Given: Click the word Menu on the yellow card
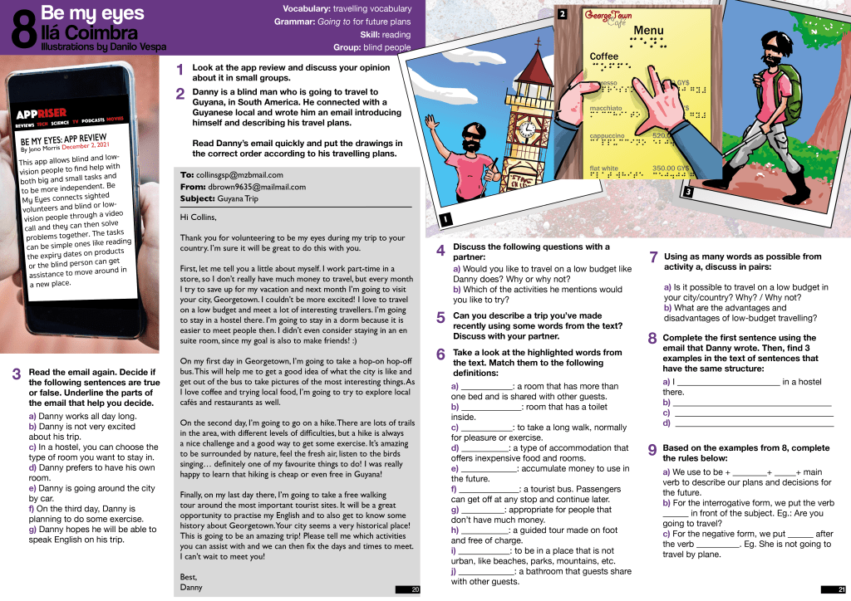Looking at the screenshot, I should [x=648, y=31].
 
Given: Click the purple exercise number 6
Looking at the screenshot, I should [x=440, y=354].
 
